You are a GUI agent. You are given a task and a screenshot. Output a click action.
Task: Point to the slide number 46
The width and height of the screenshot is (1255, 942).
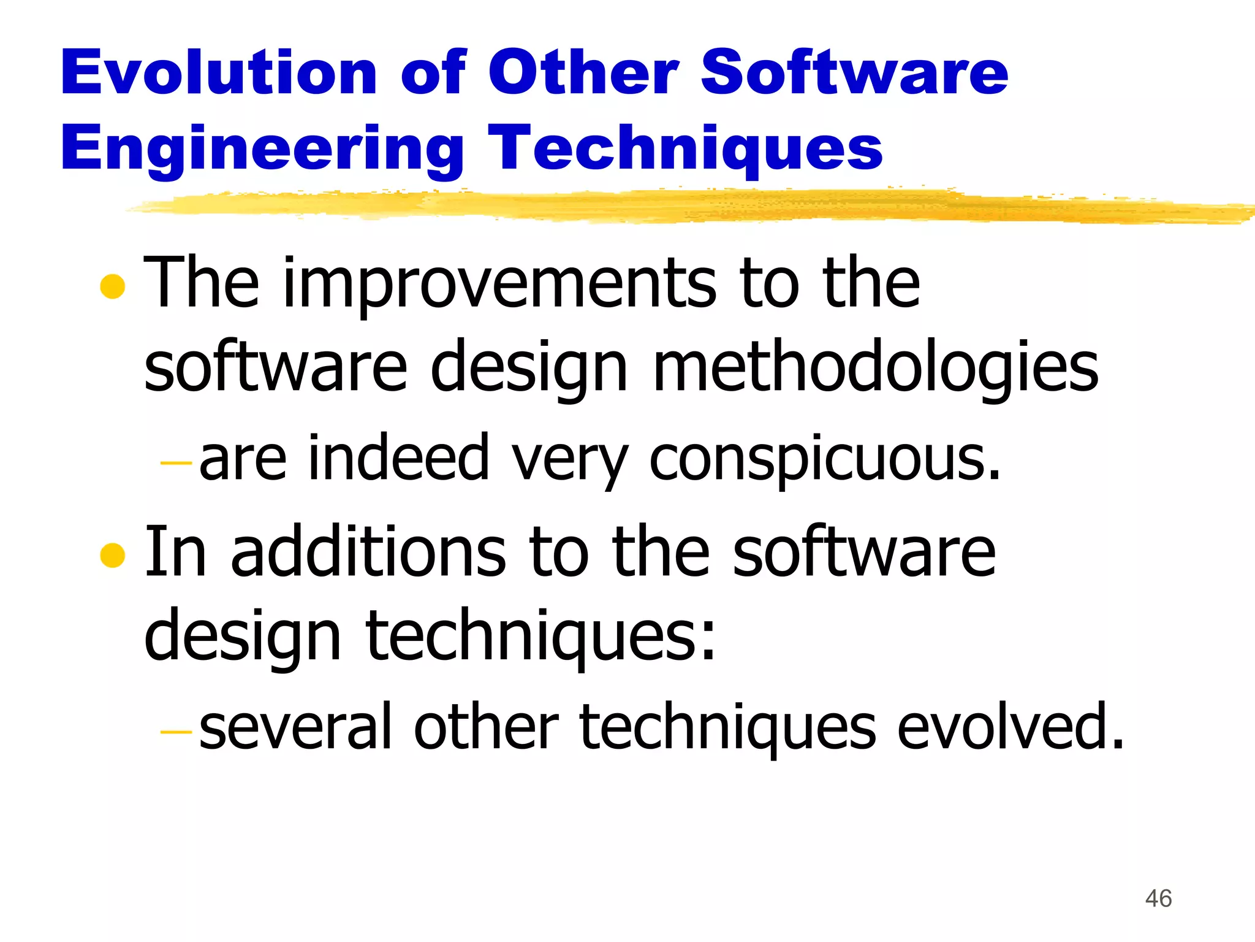click(1158, 898)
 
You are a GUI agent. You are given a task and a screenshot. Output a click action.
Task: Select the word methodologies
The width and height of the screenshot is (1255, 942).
click(876, 368)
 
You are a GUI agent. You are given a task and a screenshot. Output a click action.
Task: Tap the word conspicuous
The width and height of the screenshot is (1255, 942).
click(824, 459)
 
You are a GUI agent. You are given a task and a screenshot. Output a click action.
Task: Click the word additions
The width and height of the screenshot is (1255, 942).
click(368, 552)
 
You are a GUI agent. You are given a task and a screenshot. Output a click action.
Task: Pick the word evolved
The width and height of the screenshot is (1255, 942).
click(1010, 727)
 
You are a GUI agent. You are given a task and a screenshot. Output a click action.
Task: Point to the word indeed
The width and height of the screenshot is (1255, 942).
click(398, 458)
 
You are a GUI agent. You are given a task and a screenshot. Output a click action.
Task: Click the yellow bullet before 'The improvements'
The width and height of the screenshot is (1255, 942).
click(113, 286)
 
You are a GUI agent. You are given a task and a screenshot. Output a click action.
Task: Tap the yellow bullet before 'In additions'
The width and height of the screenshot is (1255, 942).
click(113, 555)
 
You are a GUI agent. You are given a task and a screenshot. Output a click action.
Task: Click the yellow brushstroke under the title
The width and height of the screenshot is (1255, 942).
click(674, 206)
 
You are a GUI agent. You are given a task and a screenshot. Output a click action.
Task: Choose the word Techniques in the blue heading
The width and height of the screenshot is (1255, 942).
click(685, 149)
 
